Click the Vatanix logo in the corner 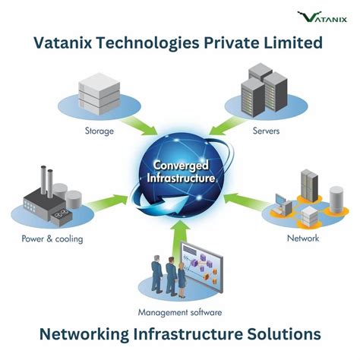(324, 16)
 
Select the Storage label (99, 131)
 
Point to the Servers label (266, 131)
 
